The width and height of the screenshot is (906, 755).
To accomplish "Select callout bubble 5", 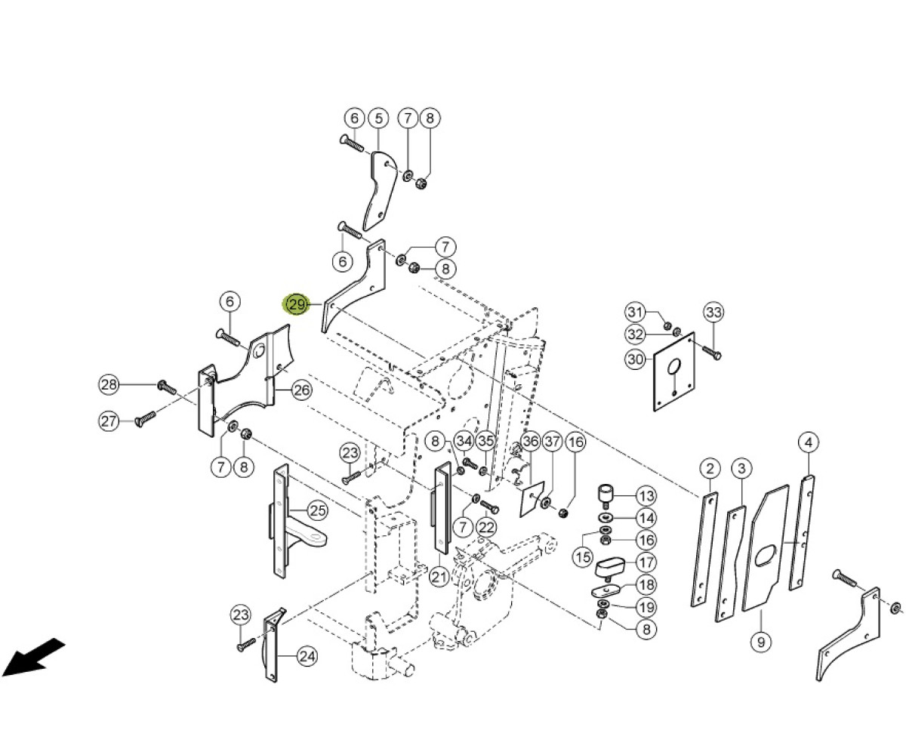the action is (379, 118).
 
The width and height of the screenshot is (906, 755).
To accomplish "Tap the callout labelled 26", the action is (301, 390).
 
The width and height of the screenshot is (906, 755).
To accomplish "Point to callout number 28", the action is (109, 384).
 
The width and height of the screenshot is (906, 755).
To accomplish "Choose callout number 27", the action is (109, 421).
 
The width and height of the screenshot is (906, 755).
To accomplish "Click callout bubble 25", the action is (317, 510).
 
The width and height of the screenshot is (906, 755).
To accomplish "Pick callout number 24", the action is (307, 657).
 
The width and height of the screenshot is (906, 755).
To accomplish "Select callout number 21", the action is (439, 577).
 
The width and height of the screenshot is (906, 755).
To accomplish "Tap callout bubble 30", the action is (636, 359).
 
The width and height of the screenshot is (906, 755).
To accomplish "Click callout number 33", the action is (713, 312).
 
